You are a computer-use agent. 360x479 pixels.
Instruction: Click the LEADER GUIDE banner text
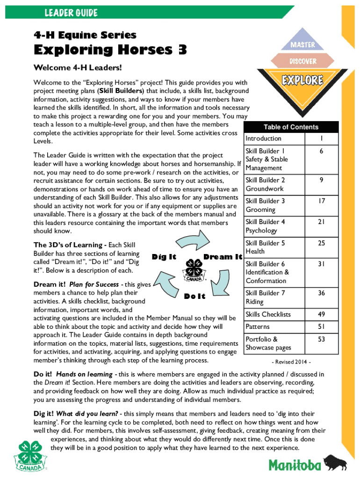71,13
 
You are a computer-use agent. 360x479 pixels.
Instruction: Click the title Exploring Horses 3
107,50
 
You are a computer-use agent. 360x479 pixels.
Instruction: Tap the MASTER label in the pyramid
302,45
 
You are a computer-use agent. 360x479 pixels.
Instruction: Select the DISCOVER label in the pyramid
302,61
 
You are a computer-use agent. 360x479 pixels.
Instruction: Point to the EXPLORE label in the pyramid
302,80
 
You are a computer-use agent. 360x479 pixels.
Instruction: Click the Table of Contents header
290,127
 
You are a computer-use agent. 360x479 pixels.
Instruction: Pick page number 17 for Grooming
321,201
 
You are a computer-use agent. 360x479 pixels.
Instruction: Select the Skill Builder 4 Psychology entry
265,226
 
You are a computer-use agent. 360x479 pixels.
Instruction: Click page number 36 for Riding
321,293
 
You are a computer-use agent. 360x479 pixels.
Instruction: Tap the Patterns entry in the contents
258,327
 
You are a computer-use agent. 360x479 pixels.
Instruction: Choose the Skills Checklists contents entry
268,314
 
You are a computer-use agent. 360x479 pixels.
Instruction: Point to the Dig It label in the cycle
164,256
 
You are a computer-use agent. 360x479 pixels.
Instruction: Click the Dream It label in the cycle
223,257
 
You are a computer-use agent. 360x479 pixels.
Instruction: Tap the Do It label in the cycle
194,296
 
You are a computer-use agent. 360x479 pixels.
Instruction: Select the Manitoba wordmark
295,465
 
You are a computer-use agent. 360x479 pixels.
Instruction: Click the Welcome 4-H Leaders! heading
71,67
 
